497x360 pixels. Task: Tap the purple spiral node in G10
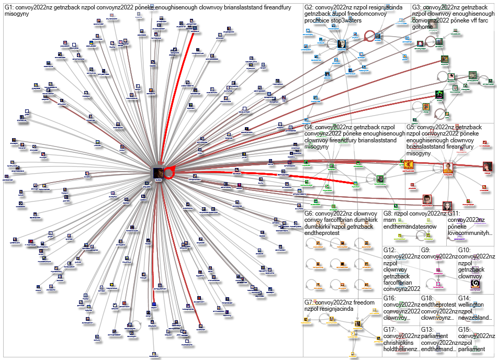(476, 284)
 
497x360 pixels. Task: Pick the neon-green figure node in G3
(439, 95)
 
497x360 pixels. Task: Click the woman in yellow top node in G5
(448, 168)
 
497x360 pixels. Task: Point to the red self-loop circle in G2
(369, 35)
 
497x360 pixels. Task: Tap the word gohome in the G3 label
(423, 27)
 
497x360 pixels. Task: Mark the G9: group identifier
(427, 257)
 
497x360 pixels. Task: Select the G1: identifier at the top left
(11, 7)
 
